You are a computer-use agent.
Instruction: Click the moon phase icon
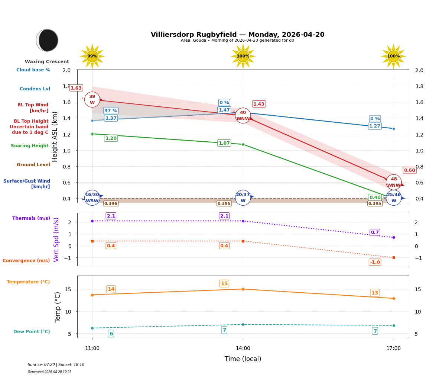coord(47,40)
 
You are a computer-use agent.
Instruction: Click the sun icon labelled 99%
coord(92,57)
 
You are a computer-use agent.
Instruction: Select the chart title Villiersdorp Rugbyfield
coord(237,35)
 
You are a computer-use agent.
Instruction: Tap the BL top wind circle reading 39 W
coord(92,100)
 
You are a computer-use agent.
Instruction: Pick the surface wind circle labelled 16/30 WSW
coord(92,197)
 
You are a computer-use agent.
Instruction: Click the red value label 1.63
coord(76,88)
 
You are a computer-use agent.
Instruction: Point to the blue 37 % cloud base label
coord(111,110)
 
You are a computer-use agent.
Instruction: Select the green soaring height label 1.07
coord(224,143)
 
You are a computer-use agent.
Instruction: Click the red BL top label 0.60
coord(409,170)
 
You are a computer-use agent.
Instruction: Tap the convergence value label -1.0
coord(375,262)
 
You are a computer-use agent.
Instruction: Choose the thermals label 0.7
coord(375,232)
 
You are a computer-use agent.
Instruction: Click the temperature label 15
coord(224,283)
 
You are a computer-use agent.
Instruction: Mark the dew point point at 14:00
coord(243,324)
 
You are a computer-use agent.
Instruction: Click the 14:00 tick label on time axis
coord(243,348)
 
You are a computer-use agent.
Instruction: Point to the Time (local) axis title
coord(243,359)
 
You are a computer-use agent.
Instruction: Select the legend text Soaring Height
coord(30,146)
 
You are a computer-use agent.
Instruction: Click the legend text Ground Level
coord(33,165)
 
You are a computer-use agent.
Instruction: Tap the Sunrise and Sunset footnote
coord(56,365)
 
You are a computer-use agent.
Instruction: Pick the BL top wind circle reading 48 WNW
coord(394,182)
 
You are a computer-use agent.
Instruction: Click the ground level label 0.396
coord(111,203)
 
